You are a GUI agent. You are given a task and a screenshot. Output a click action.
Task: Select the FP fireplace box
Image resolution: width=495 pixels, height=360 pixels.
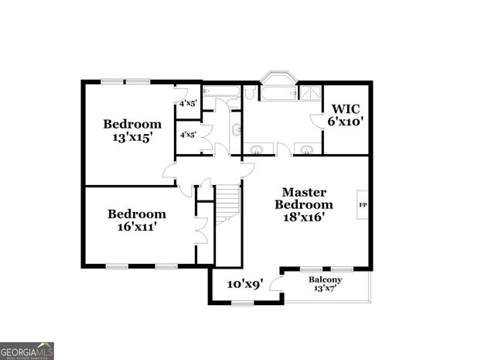361,204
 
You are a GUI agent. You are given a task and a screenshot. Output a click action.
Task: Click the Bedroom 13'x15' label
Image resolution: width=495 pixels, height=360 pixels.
132,130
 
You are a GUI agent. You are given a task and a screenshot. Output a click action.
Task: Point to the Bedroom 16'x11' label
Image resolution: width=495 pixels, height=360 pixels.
136,221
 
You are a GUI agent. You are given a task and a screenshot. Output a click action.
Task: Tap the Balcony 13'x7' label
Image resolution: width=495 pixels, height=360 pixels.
325,283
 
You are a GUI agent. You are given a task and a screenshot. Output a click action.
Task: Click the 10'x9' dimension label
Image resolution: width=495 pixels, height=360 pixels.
245,284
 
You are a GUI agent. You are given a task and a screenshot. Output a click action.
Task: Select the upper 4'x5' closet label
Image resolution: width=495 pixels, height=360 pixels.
188,103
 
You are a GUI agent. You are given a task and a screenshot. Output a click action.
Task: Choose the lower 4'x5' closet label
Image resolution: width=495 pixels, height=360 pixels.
188,134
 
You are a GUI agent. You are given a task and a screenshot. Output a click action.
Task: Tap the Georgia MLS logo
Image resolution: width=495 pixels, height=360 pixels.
27,350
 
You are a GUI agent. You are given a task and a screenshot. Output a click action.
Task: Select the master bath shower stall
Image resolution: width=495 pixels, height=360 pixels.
311,93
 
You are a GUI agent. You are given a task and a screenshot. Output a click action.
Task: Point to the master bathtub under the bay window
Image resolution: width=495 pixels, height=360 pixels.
278,94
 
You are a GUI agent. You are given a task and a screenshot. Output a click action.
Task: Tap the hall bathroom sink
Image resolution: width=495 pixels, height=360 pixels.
237,130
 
